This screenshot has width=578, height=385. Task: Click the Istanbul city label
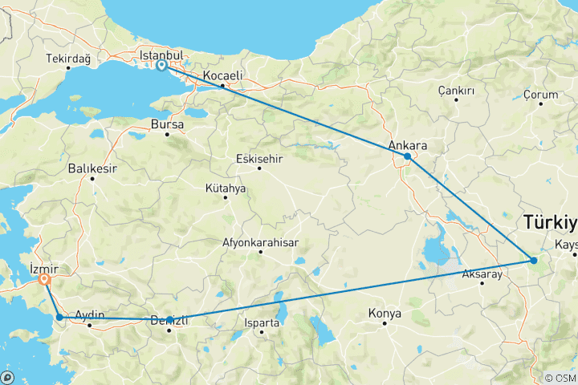tap(161, 55)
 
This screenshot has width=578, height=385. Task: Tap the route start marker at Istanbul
tap(162, 66)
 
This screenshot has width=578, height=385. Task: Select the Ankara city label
tap(407, 145)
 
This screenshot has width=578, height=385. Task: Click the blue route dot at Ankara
tap(408, 156)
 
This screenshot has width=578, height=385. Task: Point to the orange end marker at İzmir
tap(44, 280)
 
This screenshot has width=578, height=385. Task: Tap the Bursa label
tap(167, 125)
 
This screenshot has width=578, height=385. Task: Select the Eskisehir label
tap(259, 158)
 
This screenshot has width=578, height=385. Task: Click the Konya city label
tap(385, 313)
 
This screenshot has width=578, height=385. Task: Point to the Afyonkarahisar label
tap(260, 242)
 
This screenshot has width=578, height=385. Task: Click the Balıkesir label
tap(93, 168)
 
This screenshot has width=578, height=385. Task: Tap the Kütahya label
tap(226, 188)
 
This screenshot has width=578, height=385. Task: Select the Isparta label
tap(263, 323)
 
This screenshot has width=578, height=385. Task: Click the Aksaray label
tap(482, 274)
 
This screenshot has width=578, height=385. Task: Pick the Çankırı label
tap(456, 91)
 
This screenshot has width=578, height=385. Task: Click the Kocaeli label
tap(222, 75)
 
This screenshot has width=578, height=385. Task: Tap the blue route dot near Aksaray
tap(534, 260)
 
